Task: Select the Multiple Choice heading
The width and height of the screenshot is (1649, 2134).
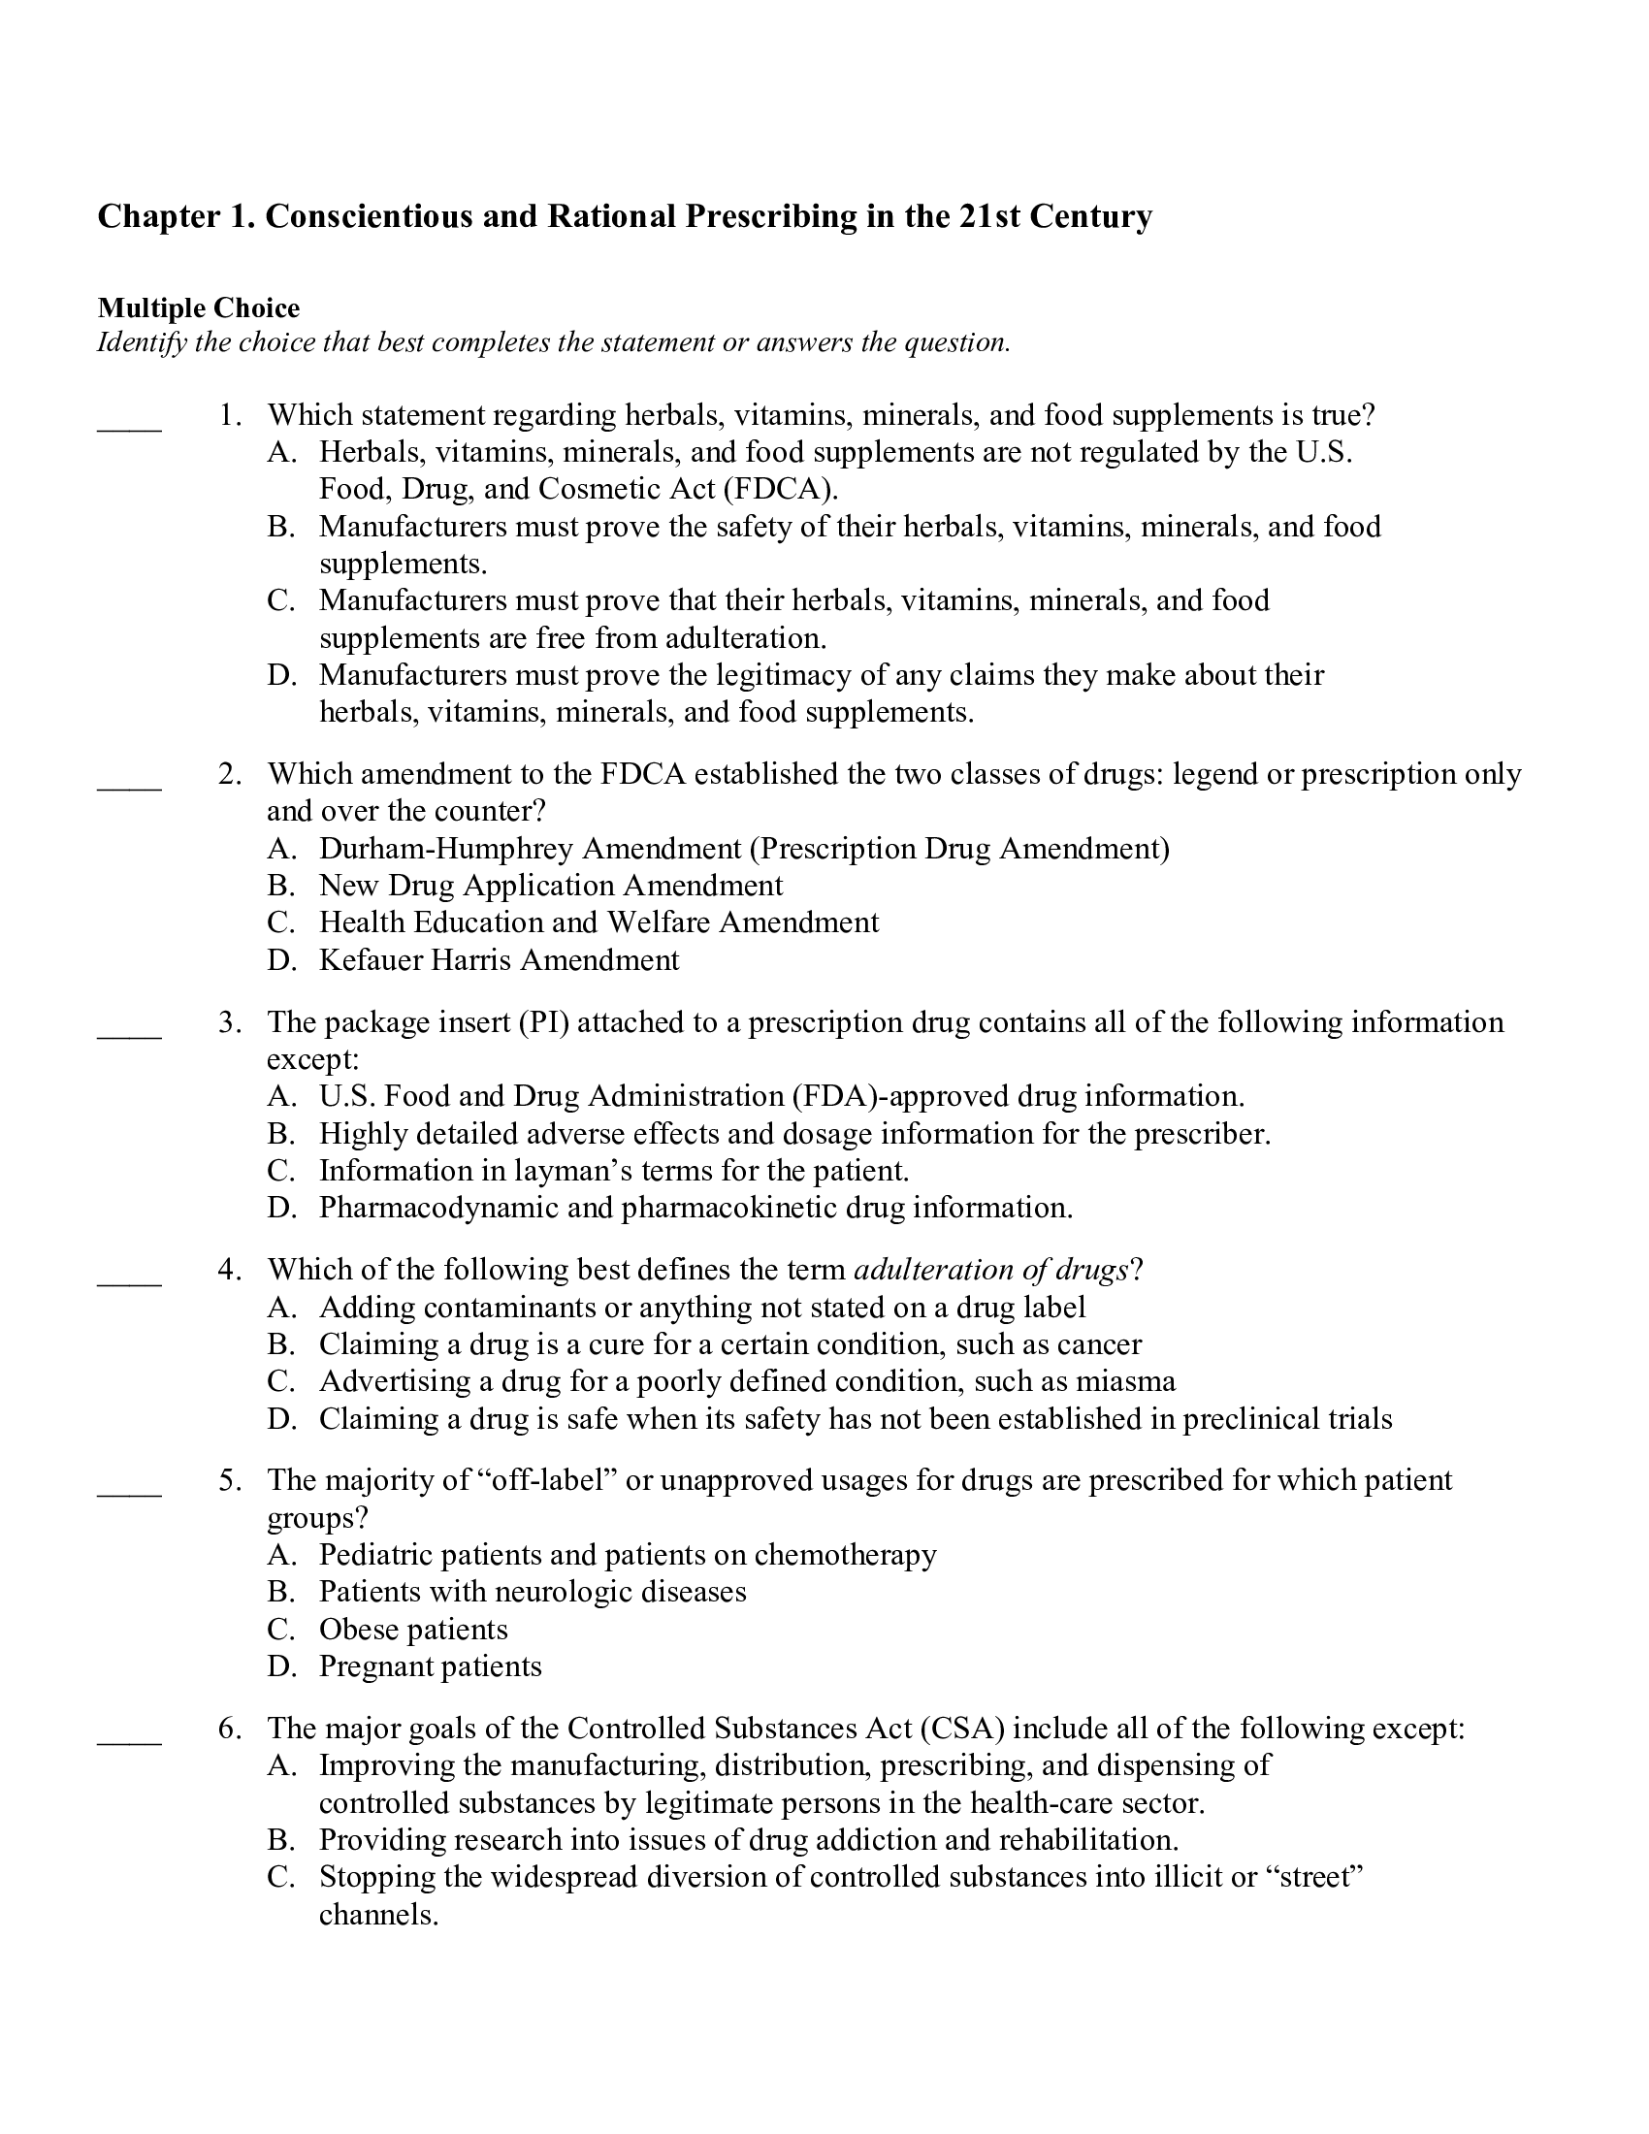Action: click(x=198, y=308)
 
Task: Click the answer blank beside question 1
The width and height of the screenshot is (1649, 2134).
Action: click(x=129, y=427)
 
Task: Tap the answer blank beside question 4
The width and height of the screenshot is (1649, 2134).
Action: click(x=129, y=1281)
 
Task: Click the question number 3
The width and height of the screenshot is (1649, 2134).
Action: click(x=229, y=1022)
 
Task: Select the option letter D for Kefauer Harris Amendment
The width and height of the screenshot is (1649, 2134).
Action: click(x=280, y=960)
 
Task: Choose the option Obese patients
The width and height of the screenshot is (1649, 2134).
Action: click(x=413, y=1630)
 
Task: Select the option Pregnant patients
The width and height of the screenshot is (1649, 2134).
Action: click(x=430, y=1666)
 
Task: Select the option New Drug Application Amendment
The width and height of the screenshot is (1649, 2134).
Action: click(x=551, y=886)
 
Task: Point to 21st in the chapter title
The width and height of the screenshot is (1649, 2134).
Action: click(x=987, y=216)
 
